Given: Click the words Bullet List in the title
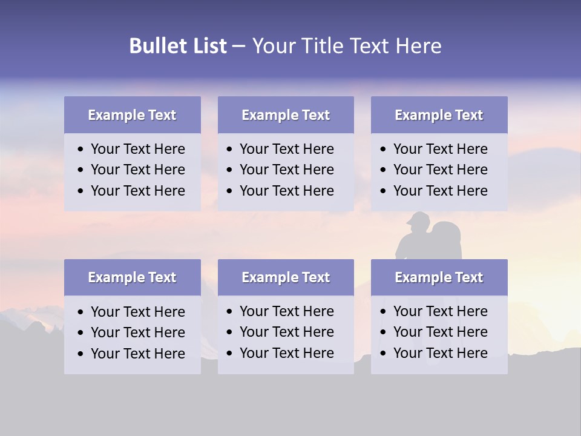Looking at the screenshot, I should click(x=178, y=46).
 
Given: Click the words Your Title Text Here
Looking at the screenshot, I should click(x=347, y=46).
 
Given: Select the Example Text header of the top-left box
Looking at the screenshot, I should click(x=132, y=115).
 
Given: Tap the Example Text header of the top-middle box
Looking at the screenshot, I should click(x=286, y=115).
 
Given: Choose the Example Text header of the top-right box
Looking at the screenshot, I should click(x=439, y=115).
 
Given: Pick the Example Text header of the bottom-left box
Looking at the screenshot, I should click(x=132, y=277).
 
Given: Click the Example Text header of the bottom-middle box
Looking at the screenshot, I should click(x=286, y=277).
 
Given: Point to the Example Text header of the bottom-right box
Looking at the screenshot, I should click(x=439, y=277).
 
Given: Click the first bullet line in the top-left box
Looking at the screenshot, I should click(x=137, y=149).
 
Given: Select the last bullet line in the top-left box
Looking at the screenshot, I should click(x=137, y=191).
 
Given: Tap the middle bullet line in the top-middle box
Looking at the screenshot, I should click(x=286, y=170).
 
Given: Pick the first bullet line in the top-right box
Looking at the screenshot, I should click(x=440, y=149).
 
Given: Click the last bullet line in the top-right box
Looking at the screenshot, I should click(x=440, y=191).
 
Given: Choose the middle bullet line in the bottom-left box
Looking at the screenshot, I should click(x=137, y=332).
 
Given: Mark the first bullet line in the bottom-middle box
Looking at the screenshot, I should click(x=286, y=311).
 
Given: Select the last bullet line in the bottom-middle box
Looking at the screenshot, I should click(x=286, y=353).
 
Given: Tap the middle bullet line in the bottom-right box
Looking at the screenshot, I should click(x=440, y=332).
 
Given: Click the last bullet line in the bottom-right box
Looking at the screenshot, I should click(x=440, y=353).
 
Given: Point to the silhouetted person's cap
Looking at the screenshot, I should click(x=416, y=219).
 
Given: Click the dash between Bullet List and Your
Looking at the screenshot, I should click(x=238, y=47).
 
